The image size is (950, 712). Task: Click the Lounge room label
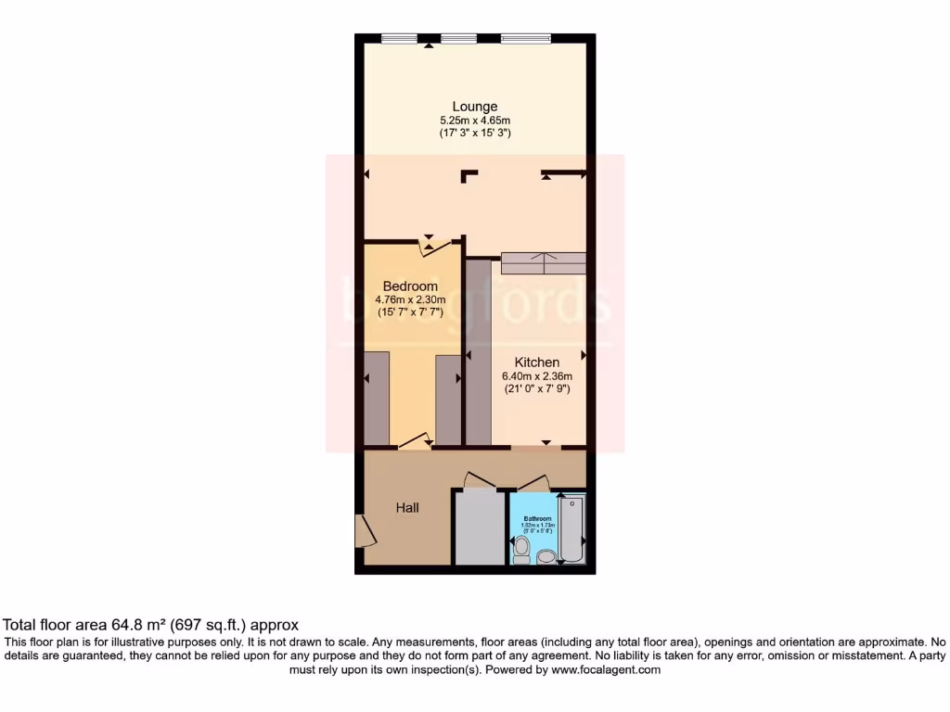point(475,106)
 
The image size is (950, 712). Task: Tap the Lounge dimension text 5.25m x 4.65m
point(475,121)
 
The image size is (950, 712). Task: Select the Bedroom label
point(410,286)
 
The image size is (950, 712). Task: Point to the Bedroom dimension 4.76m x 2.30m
point(410,300)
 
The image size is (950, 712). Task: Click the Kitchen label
point(537,362)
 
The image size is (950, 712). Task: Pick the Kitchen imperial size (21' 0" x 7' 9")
point(537,389)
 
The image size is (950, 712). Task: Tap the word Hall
point(407,508)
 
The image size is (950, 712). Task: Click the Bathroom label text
point(537,518)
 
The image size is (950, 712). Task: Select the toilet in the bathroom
point(521,549)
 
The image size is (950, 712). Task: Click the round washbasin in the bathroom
point(546,556)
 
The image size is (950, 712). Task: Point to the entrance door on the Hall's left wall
point(362,531)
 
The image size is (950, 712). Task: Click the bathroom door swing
point(534,482)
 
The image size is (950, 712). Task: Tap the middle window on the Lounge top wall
point(458,39)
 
